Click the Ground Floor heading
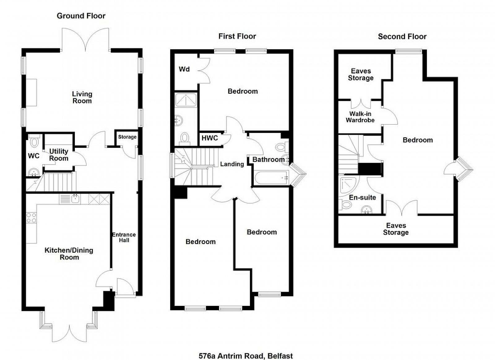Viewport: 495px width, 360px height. [81, 16]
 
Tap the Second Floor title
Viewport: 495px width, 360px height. [402, 36]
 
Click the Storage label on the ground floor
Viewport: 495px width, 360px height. [127, 137]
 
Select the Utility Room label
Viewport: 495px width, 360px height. [58, 155]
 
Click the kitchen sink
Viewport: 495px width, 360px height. [75, 199]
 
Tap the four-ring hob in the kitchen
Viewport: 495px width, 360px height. [31, 218]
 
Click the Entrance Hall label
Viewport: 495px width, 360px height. [124, 238]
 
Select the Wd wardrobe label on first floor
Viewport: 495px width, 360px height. [184, 69]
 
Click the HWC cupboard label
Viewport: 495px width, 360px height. [210, 138]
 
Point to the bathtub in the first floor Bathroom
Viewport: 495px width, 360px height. [271, 178]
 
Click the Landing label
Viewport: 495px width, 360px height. [232, 164]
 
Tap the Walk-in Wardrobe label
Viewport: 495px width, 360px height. [360, 117]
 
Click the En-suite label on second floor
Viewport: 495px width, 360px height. [362, 197]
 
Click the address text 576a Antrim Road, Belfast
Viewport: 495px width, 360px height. [246, 356]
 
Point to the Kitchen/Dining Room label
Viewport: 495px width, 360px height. [69, 254]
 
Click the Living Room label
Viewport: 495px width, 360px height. [82, 97]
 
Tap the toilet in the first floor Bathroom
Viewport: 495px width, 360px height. [282, 147]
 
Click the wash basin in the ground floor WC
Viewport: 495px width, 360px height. [34, 172]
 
